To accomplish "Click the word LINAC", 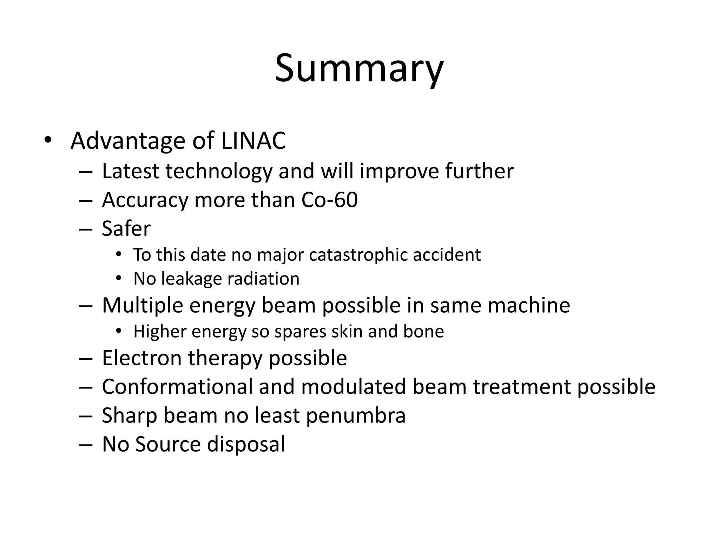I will pos(253,141).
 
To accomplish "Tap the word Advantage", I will pos(128,141).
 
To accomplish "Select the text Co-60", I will pos(329,200).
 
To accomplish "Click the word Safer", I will pos(126,229).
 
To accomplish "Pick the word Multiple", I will pos(142,305).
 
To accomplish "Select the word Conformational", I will pos(177,387).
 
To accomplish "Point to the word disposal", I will pos(246,444).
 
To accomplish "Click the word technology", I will pos(219,171).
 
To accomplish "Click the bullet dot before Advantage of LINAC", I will pos(48,140).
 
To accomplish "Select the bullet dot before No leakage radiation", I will pos(119,279).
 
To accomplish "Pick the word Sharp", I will pos(129,416).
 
